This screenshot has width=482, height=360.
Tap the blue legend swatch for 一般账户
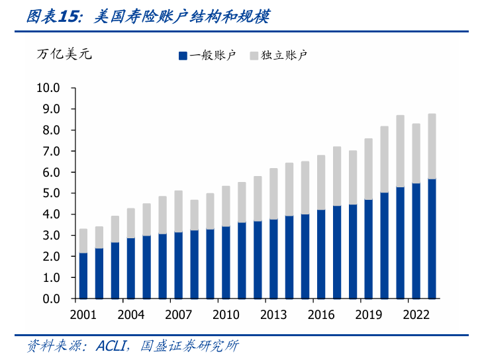coord(183,56)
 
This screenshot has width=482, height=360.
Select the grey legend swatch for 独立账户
coord(254,56)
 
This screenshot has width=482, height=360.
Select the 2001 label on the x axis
coord(83,314)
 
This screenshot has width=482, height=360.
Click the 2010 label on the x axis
coord(226,314)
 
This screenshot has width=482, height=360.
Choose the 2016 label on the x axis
coord(321,314)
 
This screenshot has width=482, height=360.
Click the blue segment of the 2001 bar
coord(83,275)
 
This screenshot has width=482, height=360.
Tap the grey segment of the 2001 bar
coord(83,241)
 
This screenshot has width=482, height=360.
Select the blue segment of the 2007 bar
coord(178,265)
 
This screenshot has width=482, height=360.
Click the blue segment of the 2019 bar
coord(369,249)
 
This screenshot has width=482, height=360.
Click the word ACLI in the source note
coord(115,345)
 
